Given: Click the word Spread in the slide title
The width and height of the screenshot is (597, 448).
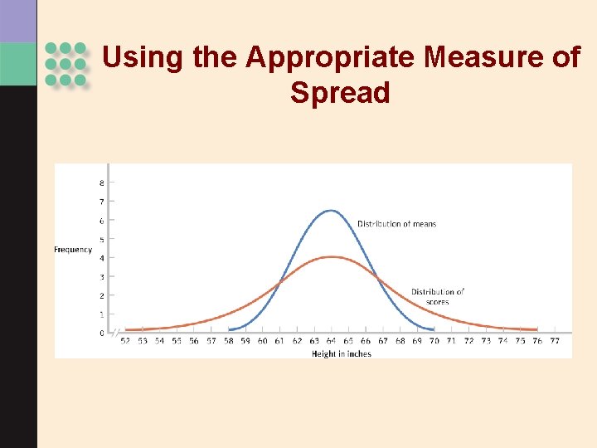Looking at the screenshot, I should coord(340,92).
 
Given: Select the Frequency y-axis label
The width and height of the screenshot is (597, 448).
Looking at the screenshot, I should coord(73,250).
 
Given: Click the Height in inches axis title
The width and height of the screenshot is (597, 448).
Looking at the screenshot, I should coord(342,353).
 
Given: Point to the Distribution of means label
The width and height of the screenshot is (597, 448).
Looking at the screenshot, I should coord(396,224).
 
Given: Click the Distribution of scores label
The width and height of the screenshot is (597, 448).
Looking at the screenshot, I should coord(437,296).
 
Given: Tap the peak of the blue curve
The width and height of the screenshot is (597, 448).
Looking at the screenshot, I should coord(331,210).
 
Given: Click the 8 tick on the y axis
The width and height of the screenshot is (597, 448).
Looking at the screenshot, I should coord(102,183).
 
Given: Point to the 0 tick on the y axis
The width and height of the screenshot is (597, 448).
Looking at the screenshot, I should coord(102,333).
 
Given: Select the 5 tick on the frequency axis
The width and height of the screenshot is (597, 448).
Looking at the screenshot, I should coord(102,239).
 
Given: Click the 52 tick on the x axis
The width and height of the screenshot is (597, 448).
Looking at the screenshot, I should coord(125,341).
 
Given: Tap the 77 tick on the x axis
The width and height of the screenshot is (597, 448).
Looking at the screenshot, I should coord(555,341).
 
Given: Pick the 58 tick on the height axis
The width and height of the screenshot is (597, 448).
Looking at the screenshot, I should coord(229,341).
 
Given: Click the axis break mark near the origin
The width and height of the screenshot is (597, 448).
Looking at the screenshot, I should coord(116,332).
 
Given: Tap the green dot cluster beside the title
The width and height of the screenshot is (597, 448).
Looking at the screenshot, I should coord(66,64).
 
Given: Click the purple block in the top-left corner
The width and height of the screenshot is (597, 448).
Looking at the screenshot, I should coord(18,21).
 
